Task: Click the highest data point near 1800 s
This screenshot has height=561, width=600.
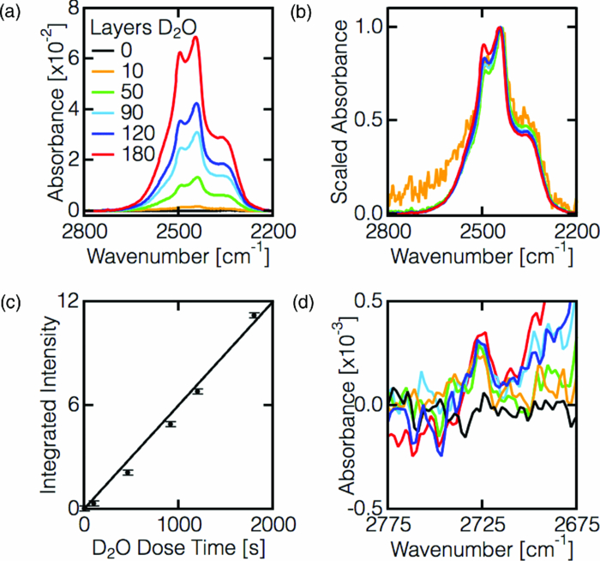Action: (254, 316)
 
